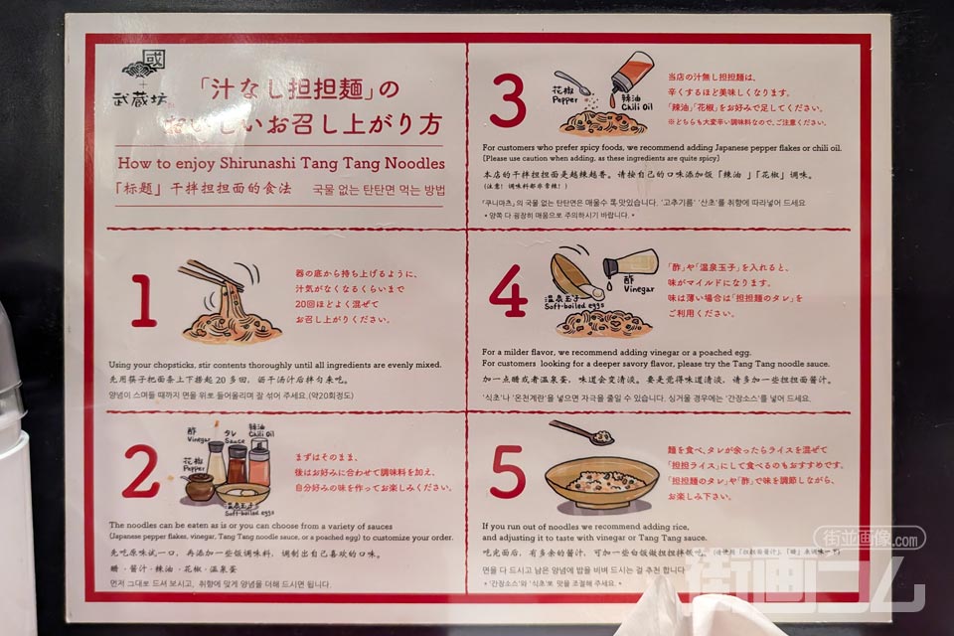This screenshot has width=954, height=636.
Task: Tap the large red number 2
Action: click(x=140, y=472)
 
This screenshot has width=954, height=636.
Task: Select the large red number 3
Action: click(x=507, y=102)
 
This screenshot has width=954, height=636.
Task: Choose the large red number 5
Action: click(x=507, y=472)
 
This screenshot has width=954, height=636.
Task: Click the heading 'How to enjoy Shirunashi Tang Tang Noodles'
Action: click(x=280, y=163)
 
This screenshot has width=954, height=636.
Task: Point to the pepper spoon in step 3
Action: click(x=573, y=81)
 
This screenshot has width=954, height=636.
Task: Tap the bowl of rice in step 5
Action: click(x=601, y=481)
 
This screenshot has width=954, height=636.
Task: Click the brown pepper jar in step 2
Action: click(x=199, y=486)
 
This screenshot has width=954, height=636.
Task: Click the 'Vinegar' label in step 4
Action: click(x=637, y=290)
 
